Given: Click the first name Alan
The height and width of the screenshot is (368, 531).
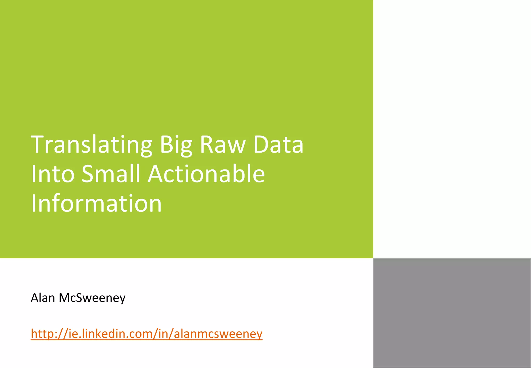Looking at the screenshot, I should tap(43, 298).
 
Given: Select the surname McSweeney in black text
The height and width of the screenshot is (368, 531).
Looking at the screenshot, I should tap(92, 298).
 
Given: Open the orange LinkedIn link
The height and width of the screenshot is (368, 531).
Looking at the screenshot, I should tap(146, 333).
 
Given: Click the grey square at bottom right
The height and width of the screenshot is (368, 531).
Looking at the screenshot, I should tap(452, 313).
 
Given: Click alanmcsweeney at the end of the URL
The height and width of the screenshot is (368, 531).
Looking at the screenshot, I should tap(218, 334).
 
